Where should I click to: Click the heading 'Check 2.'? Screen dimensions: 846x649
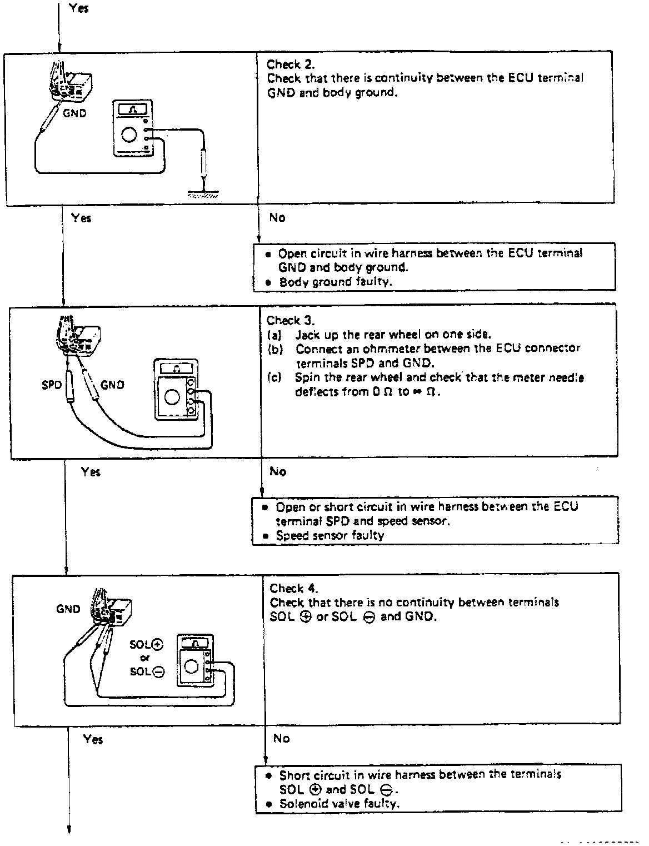[291, 64]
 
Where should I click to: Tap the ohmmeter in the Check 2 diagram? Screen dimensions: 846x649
[132, 128]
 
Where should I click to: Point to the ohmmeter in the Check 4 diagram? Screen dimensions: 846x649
[194, 660]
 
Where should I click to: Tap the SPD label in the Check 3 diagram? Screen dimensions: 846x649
[51, 384]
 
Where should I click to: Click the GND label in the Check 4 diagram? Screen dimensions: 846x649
[68, 609]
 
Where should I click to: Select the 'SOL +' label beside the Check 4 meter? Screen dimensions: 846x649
[146, 645]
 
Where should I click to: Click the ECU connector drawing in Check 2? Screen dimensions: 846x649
[71, 83]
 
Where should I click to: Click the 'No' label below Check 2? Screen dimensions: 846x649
[277, 218]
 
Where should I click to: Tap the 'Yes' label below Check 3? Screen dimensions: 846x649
[91, 472]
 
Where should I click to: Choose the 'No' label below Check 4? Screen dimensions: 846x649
[281, 738]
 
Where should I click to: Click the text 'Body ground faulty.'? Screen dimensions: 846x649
[335, 282]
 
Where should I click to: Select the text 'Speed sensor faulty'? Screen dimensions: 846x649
[330, 536]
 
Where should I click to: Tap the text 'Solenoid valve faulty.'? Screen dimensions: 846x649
[339, 804]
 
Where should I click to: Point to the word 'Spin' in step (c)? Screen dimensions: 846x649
[306, 377]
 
